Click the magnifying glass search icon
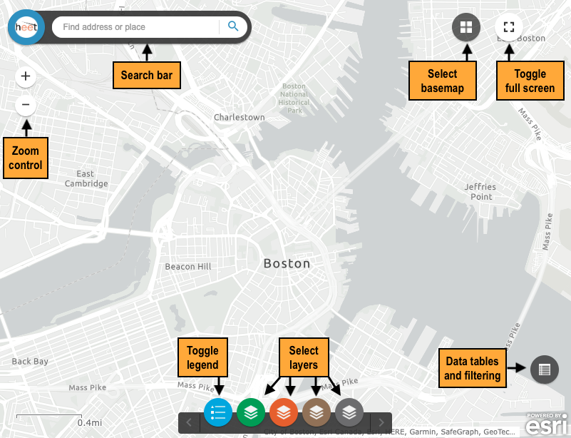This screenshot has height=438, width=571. point(233,27)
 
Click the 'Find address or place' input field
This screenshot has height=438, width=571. point(135,27)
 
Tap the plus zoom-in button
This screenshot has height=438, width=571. point(26,76)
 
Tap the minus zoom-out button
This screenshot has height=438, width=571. point(26,106)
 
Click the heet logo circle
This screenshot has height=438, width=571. point(26,28)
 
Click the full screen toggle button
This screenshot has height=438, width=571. point(508,27)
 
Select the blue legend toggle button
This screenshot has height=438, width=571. point(218,412)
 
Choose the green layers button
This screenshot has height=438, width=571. point(250,412)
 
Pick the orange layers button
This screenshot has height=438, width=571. point(283,412)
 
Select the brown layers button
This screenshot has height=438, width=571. point(317,412)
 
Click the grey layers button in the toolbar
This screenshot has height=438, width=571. point(349,412)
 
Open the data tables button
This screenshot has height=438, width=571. point(544,370)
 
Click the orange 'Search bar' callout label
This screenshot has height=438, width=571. point(147,75)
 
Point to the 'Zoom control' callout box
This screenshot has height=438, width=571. point(26,158)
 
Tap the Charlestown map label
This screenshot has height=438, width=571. point(240,117)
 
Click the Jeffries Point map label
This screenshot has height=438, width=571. point(480,192)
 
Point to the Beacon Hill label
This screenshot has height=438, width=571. point(188,267)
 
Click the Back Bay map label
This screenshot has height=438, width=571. point(30,361)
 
